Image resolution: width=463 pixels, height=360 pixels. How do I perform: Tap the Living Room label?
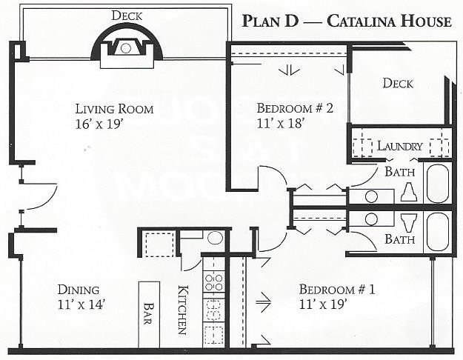(115, 109)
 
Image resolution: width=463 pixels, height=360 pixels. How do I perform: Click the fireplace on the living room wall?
(126, 48)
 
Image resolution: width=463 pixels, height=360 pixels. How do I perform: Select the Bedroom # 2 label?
(295, 108)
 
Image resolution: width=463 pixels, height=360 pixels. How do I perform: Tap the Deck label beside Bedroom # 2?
(398, 83)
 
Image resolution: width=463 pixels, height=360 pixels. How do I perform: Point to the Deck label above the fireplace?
(126, 16)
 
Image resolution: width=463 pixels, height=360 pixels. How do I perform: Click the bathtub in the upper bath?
(436, 184)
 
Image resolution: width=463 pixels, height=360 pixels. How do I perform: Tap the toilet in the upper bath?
(407, 193)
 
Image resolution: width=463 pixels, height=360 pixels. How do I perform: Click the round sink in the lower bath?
(373, 221)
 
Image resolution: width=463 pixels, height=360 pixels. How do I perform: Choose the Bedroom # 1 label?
(337, 289)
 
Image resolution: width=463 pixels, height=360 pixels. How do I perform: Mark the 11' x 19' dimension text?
(323, 303)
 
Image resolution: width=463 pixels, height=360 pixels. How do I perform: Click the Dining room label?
(79, 290)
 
